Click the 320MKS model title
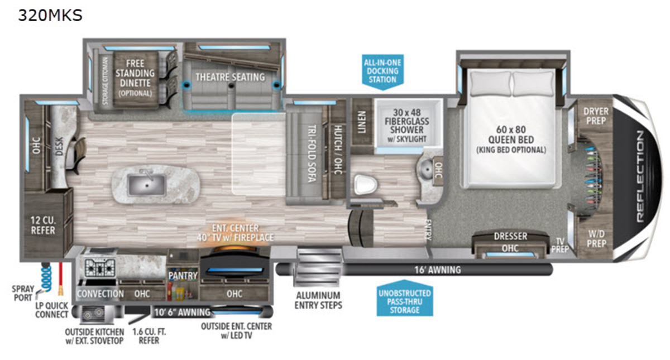tap(50, 16)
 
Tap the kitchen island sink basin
tap(146, 185)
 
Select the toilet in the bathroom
tap(365, 185)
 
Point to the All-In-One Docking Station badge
tap(382, 72)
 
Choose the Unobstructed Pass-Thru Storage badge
tap(405, 298)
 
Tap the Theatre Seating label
tap(230, 77)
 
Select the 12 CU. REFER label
tap(43, 225)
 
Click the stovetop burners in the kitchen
tap(100, 267)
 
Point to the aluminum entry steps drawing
tap(318, 267)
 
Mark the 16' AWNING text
tap(437, 270)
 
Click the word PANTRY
tap(183, 276)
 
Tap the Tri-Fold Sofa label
tap(312, 153)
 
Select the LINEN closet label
tap(362, 122)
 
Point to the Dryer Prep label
tap(596, 116)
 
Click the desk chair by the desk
tap(78, 156)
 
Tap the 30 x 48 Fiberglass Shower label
tap(407, 125)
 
